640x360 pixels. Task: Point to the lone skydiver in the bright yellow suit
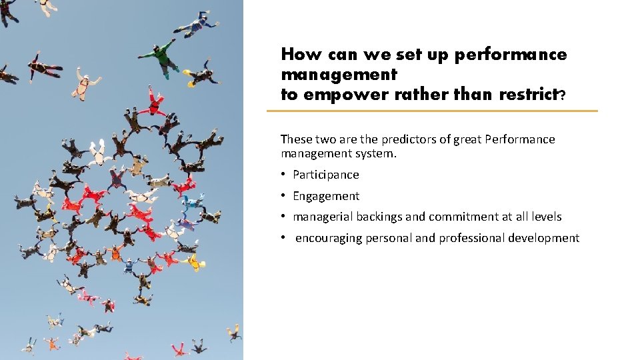point(193,262)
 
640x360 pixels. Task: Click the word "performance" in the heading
point(511,55)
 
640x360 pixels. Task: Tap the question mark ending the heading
point(563,96)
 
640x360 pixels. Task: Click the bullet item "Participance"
point(325,175)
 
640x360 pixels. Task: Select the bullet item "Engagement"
point(325,196)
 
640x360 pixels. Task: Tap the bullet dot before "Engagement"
point(283,195)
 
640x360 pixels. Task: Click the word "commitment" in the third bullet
point(460,217)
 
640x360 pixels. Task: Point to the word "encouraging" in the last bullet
point(329,238)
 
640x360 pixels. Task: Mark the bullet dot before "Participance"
point(283,174)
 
